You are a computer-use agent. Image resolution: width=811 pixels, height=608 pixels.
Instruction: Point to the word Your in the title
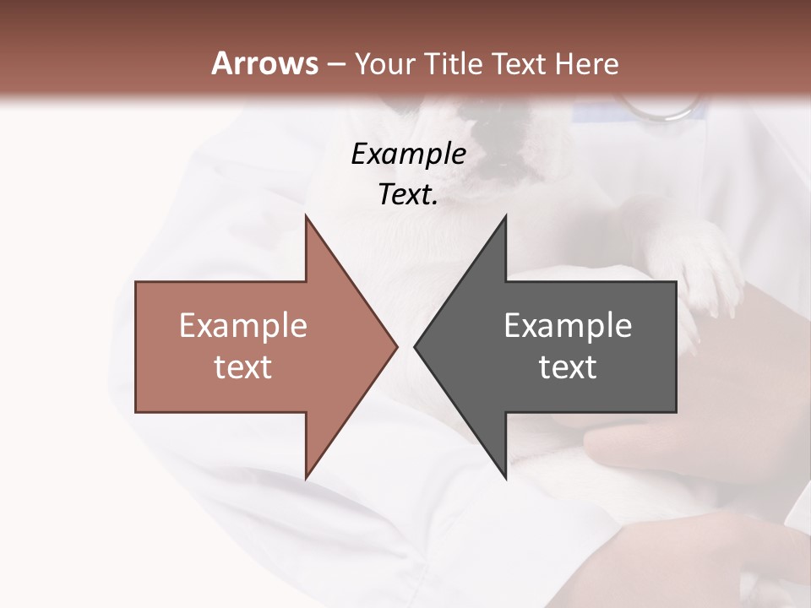coord(384,64)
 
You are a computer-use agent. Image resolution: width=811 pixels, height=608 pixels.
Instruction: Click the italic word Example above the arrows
coord(408,155)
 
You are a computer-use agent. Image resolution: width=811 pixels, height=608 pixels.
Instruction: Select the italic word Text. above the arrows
coord(408,195)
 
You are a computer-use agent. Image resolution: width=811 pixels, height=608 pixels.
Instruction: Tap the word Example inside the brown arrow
coord(243,326)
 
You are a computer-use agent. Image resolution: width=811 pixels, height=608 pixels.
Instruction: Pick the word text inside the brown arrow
coord(243,367)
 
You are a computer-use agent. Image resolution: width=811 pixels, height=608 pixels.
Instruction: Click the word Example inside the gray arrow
coord(568,326)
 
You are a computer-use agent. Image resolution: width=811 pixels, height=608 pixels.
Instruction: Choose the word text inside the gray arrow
coord(568,367)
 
